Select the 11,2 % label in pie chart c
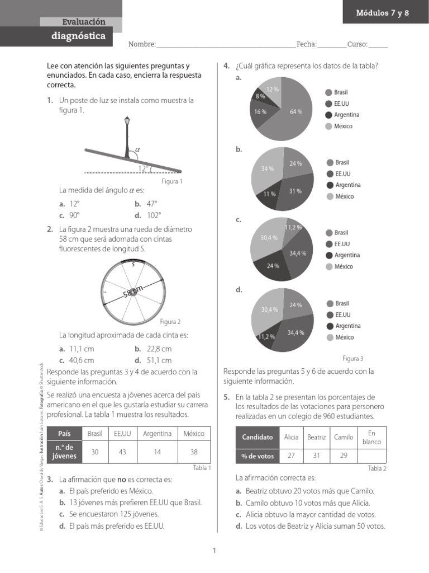click(x=293, y=227)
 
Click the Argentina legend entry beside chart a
click(x=342, y=115)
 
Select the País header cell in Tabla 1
click(x=64, y=434)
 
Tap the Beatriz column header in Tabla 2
click(x=316, y=437)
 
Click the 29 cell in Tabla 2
click(x=344, y=456)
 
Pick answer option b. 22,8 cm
click(x=152, y=349)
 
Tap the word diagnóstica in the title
click(x=78, y=36)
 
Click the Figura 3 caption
click(x=353, y=358)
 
